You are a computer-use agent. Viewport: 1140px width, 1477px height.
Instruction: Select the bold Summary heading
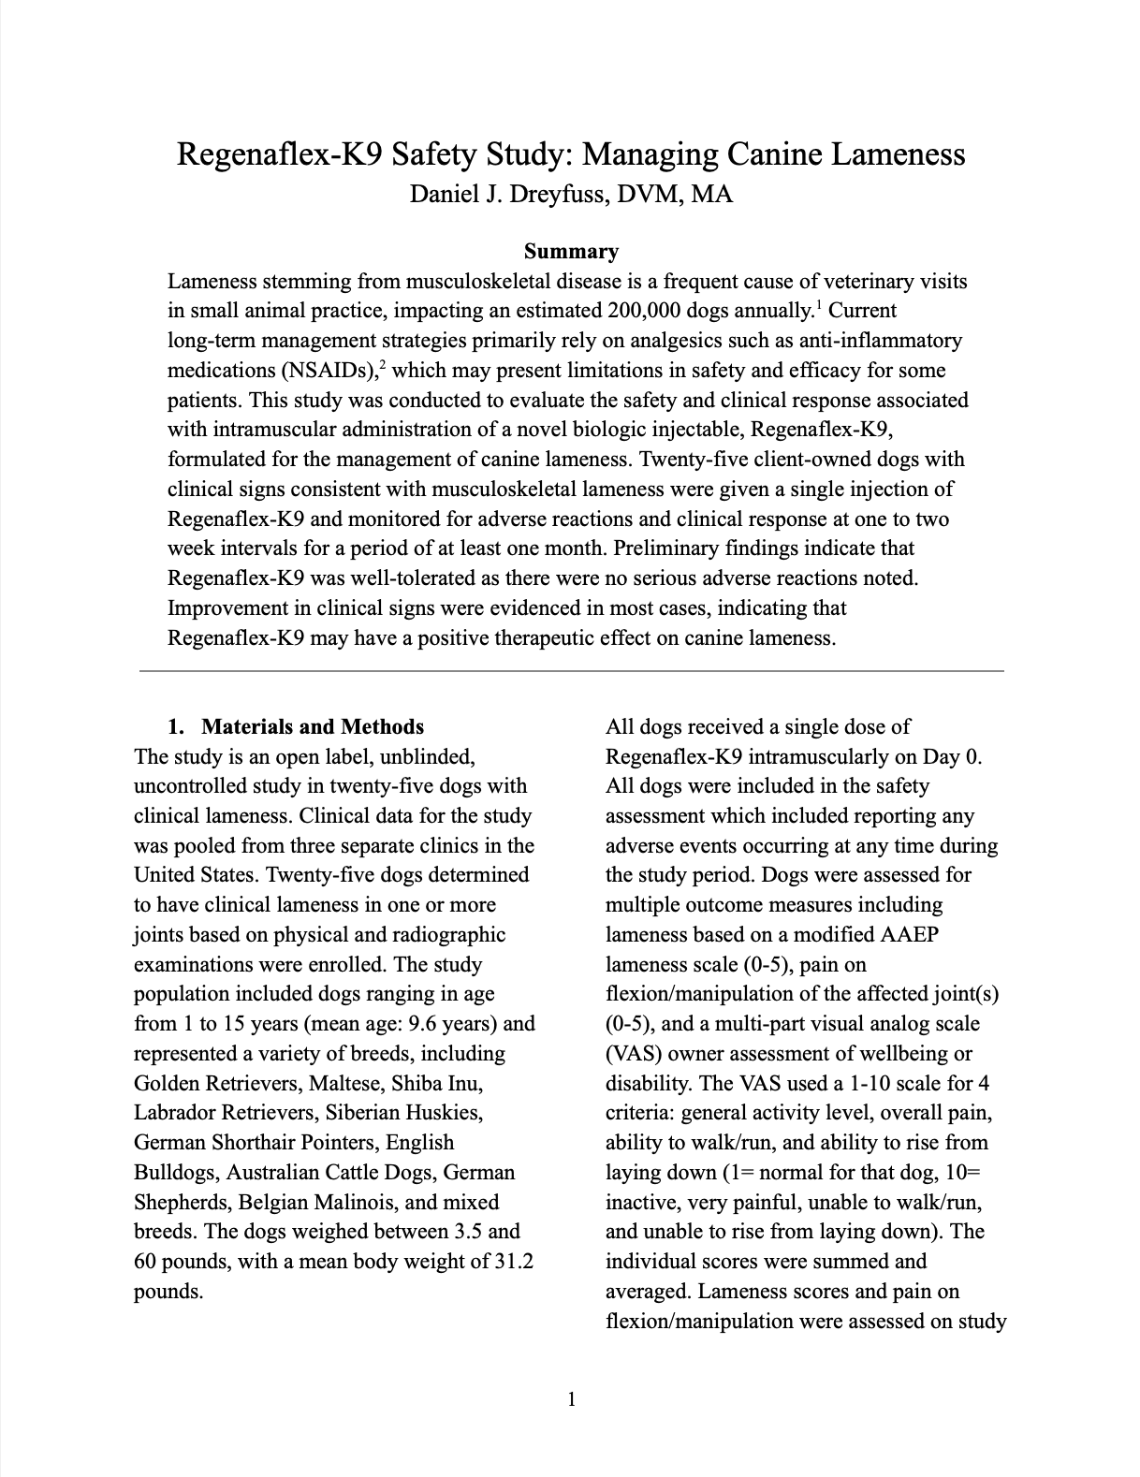coord(571,251)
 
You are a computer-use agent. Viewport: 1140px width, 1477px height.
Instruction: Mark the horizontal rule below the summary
coord(571,671)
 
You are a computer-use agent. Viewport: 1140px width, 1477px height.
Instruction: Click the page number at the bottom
coord(571,1400)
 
